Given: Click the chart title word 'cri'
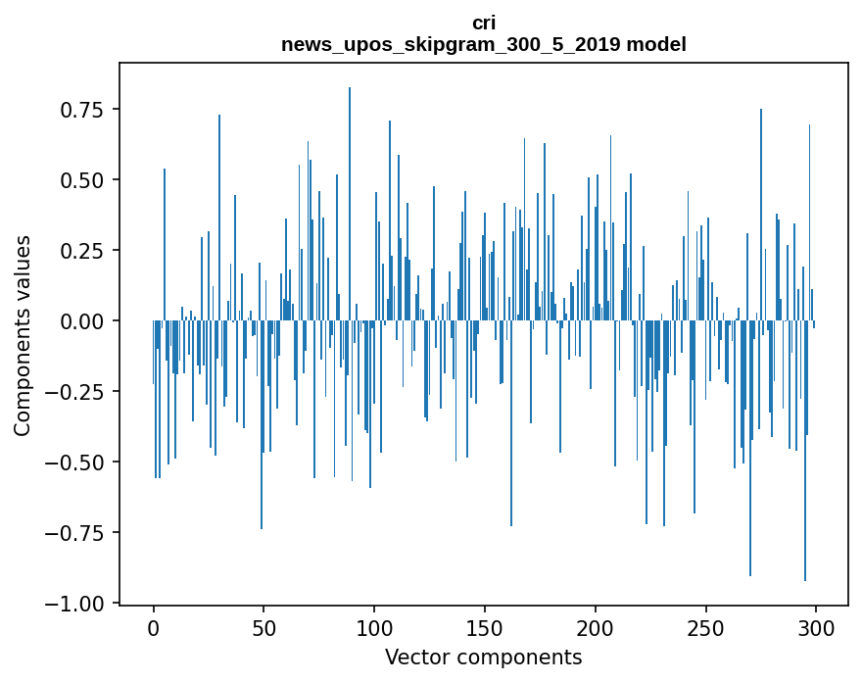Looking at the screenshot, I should pyautogui.click(x=483, y=23).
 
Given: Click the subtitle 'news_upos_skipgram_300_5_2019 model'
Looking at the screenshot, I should pyautogui.click(x=483, y=44).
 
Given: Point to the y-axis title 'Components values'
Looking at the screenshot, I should pyautogui.click(x=23, y=335).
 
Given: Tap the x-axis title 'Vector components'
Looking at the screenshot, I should pyautogui.click(x=483, y=658).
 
